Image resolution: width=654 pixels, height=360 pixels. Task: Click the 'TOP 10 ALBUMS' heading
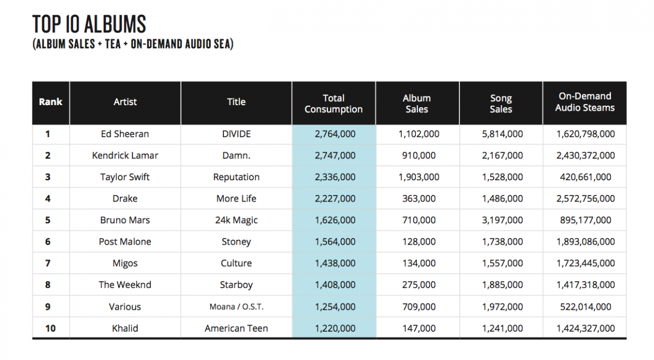(x=89, y=24)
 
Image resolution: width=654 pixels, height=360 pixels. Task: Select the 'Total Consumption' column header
(x=334, y=103)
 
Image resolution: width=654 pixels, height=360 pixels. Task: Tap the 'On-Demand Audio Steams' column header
(x=585, y=102)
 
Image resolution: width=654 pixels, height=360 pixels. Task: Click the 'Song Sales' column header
(x=501, y=103)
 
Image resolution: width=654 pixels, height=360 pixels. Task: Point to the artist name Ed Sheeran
(x=125, y=134)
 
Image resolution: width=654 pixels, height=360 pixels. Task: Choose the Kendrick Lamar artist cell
(x=125, y=156)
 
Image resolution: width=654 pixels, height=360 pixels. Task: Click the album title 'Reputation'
(x=236, y=177)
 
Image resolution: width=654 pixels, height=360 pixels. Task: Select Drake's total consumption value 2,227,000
(x=335, y=199)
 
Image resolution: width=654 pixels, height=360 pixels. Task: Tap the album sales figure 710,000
(x=419, y=220)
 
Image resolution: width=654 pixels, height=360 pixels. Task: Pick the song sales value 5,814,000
(x=502, y=134)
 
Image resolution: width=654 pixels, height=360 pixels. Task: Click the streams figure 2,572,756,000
(x=585, y=199)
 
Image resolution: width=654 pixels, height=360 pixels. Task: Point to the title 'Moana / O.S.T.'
(x=236, y=307)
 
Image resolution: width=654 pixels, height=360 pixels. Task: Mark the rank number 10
(x=50, y=328)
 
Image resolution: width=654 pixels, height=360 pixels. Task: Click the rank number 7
(x=47, y=263)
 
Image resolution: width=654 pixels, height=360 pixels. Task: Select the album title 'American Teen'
(x=236, y=328)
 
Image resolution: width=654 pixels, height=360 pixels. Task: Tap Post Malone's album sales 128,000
(x=419, y=242)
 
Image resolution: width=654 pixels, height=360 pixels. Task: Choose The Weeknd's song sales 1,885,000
(x=502, y=285)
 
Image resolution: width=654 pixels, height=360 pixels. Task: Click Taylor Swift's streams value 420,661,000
(x=585, y=177)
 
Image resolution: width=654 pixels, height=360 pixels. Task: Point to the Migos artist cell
(x=125, y=264)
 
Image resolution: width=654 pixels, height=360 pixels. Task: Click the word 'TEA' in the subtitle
(x=113, y=44)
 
